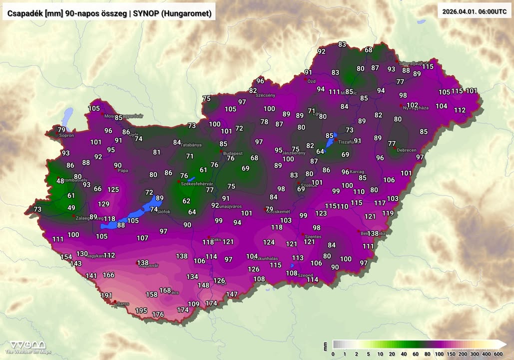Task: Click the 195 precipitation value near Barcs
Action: click(141, 310)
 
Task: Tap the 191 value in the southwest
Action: click(106, 295)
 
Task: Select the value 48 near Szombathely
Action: click(60, 181)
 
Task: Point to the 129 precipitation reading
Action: click(103, 203)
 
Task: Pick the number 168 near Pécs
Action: click(165, 290)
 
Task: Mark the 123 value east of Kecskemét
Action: click(321, 213)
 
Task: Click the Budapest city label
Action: click(233, 153)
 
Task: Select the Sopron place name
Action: click(66, 135)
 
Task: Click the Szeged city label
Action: click(305, 275)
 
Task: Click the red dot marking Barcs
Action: click(115, 302)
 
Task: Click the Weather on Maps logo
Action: click(28, 346)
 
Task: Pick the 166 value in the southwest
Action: click(108, 275)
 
